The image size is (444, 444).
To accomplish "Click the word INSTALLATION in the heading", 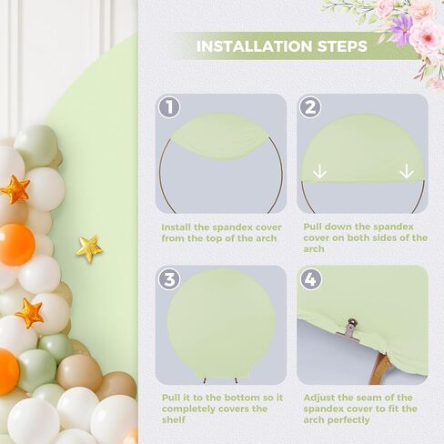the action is coord(255,46).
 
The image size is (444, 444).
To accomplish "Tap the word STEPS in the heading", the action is coord(342,46).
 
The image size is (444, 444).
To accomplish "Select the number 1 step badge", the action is coord(169,107).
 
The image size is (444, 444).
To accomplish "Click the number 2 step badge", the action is coord(310,107).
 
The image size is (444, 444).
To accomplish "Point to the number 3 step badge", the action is coord(169,279).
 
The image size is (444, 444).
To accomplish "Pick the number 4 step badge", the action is coord(310,279).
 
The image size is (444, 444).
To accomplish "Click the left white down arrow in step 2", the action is coord(320,171).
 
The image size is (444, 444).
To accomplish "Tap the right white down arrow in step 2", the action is coord(407,171).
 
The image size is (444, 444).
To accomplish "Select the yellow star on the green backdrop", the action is coord(89,248).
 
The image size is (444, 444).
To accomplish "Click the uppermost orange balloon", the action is coord(16,245).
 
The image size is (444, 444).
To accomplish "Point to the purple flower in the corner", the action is coord(401,29).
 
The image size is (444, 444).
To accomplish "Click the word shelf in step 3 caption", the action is coord(174,420).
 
